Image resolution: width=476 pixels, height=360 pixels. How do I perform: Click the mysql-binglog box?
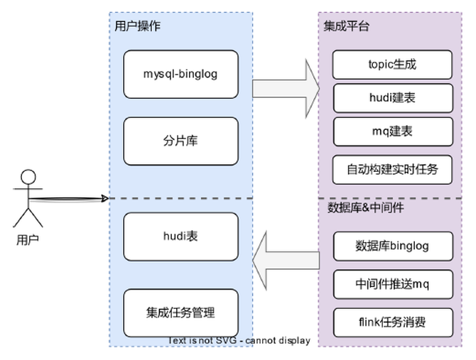coord(180,74)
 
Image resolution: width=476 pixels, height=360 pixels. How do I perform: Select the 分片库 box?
coord(180,141)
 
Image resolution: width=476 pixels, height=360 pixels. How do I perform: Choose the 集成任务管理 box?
coord(180,312)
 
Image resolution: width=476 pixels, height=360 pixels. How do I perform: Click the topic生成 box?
coord(392,65)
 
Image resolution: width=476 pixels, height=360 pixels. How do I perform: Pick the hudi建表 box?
coord(392,98)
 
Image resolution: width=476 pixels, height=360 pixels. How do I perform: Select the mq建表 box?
coord(392,131)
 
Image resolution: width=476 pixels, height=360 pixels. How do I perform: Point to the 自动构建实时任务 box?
coord(392,170)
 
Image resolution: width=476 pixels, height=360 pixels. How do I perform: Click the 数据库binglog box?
coord(392,246)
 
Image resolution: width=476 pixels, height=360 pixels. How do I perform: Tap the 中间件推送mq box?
coord(392,284)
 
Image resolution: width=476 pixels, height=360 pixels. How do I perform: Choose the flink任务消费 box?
coord(392,322)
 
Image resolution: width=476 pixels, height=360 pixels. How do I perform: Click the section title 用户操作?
coord(137,26)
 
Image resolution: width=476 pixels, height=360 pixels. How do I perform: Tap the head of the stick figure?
coord(28,177)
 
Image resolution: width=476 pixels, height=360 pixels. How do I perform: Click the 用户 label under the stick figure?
coord(28,239)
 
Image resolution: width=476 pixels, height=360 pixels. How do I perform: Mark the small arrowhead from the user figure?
coord(104,198)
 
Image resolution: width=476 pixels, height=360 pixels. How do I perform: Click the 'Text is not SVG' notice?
coord(239,341)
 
